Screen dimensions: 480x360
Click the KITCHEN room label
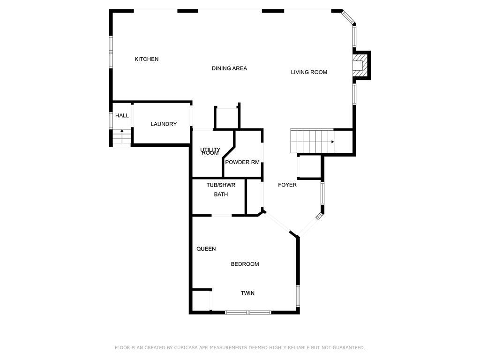click(147, 59)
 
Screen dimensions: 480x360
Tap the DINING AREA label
click(229, 68)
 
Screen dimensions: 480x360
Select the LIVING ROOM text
click(309, 72)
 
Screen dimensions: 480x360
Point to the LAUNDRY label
click(164, 124)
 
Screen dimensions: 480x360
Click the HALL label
click(122, 115)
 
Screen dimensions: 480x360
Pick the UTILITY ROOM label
click(210, 151)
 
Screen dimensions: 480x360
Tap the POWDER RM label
click(242, 162)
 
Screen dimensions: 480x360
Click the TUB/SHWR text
click(221, 185)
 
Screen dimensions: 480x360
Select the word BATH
click(221, 195)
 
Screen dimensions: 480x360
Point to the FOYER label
click(287, 185)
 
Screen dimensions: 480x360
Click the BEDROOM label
click(245, 264)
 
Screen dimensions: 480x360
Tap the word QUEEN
click(206, 249)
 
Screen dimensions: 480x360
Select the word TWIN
click(247, 293)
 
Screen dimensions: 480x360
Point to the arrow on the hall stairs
click(122, 136)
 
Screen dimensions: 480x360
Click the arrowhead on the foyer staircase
click(332, 142)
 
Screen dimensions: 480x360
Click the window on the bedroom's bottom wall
click(248, 313)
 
